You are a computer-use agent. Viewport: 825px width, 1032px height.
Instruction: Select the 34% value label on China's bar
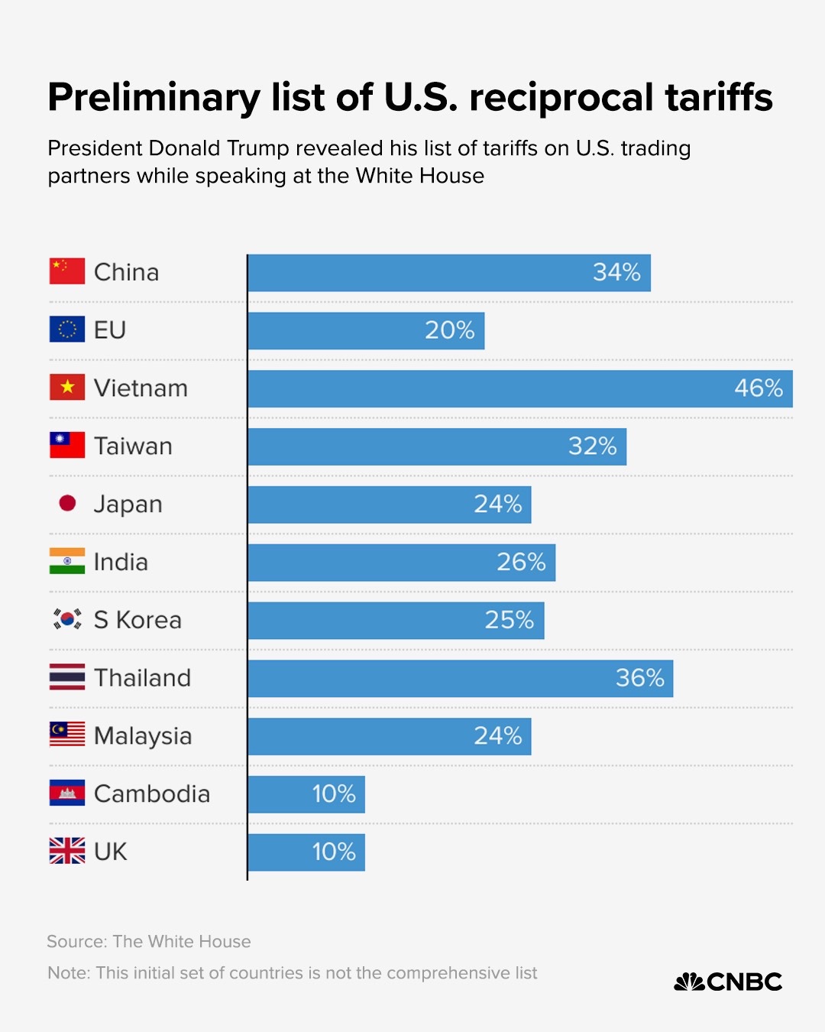pos(616,272)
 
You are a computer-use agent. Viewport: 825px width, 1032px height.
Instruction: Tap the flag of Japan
pos(67,504)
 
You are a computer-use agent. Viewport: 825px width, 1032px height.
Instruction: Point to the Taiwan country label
pos(133,446)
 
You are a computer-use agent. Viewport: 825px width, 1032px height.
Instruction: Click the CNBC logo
pos(728,982)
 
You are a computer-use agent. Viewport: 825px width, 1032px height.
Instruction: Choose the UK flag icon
pos(67,852)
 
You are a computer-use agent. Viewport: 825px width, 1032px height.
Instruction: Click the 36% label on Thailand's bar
pos(639,678)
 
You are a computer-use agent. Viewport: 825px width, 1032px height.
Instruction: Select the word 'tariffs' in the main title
pos(718,98)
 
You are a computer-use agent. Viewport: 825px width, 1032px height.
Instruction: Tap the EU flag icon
pos(67,330)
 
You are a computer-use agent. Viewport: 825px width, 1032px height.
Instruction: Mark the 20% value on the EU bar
pos(449,330)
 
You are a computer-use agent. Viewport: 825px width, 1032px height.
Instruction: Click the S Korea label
pos(137,620)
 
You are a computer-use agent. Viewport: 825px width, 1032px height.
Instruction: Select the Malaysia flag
pos(67,735)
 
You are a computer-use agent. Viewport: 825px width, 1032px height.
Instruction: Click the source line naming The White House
pos(149,942)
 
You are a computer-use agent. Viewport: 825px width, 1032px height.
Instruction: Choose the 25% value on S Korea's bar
pos(509,620)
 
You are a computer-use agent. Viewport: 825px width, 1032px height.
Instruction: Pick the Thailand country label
pos(142,678)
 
